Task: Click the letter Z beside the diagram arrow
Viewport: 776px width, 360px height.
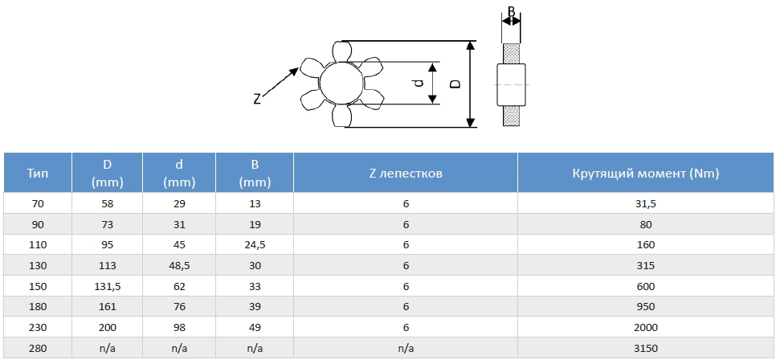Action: [257, 100]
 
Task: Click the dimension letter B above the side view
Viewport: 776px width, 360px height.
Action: [511, 14]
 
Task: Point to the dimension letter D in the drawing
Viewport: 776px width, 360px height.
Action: [455, 84]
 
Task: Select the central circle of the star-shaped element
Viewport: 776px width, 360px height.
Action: [339, 84]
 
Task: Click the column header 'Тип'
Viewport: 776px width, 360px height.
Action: [37, 173]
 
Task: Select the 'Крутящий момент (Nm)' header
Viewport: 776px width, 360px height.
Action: [646, 173]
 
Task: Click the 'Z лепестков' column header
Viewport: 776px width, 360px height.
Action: [405, 173]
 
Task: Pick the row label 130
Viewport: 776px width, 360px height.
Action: [37, 265]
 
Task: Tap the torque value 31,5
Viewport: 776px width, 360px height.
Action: [646, 204]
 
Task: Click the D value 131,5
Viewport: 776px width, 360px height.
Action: [107, 285]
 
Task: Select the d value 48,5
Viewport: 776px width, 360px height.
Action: [179, 265]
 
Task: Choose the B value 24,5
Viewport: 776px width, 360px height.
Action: [255, 244]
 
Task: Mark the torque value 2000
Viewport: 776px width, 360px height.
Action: [646, 327]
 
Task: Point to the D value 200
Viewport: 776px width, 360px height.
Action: [107, 327]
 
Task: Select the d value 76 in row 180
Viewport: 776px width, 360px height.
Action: [179, 306]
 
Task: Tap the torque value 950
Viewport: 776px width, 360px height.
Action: [646, 306]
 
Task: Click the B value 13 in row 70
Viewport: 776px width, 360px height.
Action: [255, 204]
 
